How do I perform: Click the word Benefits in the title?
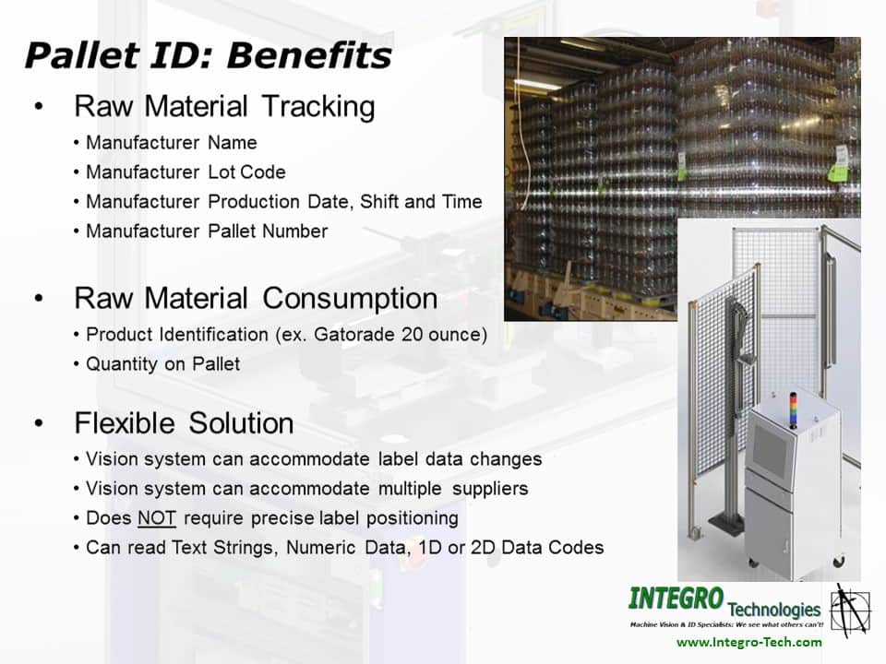(309, 55)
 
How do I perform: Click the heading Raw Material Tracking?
(224, 107)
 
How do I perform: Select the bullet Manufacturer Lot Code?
(186, 172)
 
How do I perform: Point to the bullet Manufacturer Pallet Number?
(206, 231)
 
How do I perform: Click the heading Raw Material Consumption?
(256, 299)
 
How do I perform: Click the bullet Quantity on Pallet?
(162, 364)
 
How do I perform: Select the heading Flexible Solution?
(184, 423)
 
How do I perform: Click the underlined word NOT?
(157, 518)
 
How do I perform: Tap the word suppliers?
(490, 489)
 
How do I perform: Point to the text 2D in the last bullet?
(483, 548)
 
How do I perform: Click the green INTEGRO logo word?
(676, 599)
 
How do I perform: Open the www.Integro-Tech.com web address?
(749, 643)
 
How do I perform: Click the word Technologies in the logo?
(774, 610)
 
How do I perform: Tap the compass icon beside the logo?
(850, 611)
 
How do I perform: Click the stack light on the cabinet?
(793, 410)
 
